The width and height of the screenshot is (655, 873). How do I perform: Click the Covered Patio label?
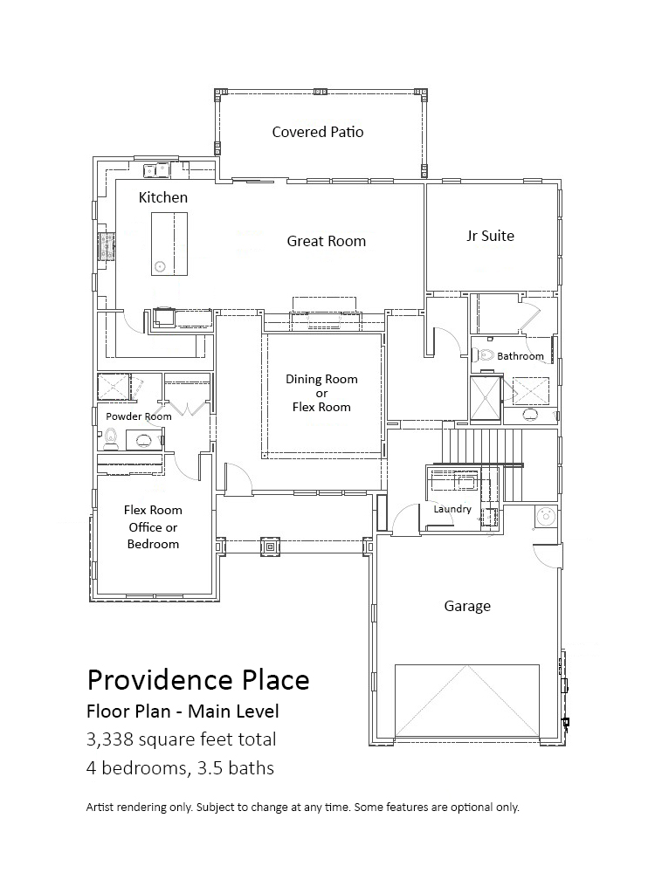point(318,132)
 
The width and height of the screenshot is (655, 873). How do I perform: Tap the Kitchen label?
point(162,197)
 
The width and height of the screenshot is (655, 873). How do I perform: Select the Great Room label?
point(327,241)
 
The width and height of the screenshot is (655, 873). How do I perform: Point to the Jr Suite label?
point(490,236)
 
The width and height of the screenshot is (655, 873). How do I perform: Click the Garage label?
point(467,606)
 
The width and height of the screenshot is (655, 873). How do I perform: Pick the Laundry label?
point(452,509)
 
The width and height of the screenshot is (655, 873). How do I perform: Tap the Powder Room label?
point(139,416)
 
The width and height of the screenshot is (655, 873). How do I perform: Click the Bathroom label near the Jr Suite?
point(521,356)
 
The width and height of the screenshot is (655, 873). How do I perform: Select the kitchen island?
point(169,244)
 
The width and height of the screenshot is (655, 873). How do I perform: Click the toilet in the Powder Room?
point(111,439)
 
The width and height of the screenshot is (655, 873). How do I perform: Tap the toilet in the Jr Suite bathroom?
point(484,354)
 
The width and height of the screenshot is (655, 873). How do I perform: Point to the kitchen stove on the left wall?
point(107,246)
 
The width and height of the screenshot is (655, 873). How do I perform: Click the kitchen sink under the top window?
point(156,168)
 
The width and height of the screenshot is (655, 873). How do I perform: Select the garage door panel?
point(466,700)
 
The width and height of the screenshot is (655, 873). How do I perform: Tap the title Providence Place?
point(198,680)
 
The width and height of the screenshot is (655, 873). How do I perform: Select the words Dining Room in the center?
point(321,379)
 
